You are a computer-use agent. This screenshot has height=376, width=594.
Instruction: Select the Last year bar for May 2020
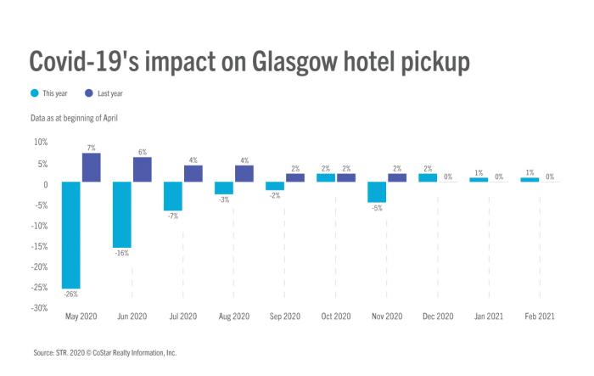pos(91,167)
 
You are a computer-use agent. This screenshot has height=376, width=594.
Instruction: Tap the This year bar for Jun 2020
pos(122,214)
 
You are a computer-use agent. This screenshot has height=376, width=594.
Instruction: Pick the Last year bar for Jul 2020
pos(193,173)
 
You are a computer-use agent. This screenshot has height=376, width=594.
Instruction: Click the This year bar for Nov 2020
pos(377,192)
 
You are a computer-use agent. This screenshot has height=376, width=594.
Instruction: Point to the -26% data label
pos(71,294)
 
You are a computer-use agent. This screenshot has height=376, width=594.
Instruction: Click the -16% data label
pos(122,253)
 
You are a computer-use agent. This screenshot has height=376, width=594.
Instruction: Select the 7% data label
pos(92,148)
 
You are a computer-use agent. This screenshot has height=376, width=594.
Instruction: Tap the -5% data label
pos(377,208)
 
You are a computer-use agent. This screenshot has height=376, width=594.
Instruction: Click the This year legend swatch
pos(34,93)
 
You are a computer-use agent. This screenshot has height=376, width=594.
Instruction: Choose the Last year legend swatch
pos(88,93)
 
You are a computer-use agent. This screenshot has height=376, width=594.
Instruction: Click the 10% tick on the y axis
pos(38,142)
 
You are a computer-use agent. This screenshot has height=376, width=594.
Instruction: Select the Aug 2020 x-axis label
pos(233,316)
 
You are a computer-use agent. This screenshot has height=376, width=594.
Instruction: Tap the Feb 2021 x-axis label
pos(539,316)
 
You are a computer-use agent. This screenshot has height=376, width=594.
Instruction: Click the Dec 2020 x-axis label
pos(437,316)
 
